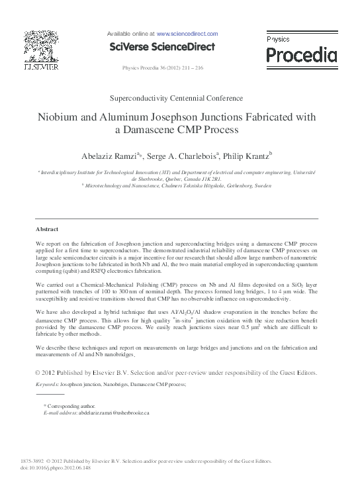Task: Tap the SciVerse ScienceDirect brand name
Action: click(x=162, y=46)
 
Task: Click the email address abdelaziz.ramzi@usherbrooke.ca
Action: click(x=105, y=412)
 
